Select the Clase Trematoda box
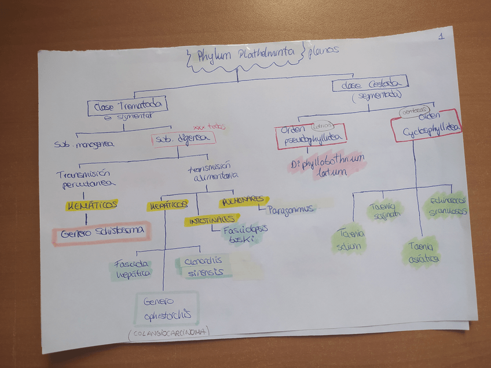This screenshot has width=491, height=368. point(127,106)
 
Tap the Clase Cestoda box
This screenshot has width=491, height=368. point(369,84)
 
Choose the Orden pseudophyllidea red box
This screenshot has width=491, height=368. point(311,136)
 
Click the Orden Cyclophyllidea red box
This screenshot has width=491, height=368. point(427,126)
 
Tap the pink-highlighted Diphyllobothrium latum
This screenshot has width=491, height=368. point(328,164)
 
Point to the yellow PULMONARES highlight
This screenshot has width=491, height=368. point(243,201)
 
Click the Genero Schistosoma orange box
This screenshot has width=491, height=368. point(101,233)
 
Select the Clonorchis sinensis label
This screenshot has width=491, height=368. point(203,267)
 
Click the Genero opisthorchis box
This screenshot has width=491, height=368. point(166,308)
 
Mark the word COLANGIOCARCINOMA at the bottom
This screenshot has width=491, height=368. point(168,333)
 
